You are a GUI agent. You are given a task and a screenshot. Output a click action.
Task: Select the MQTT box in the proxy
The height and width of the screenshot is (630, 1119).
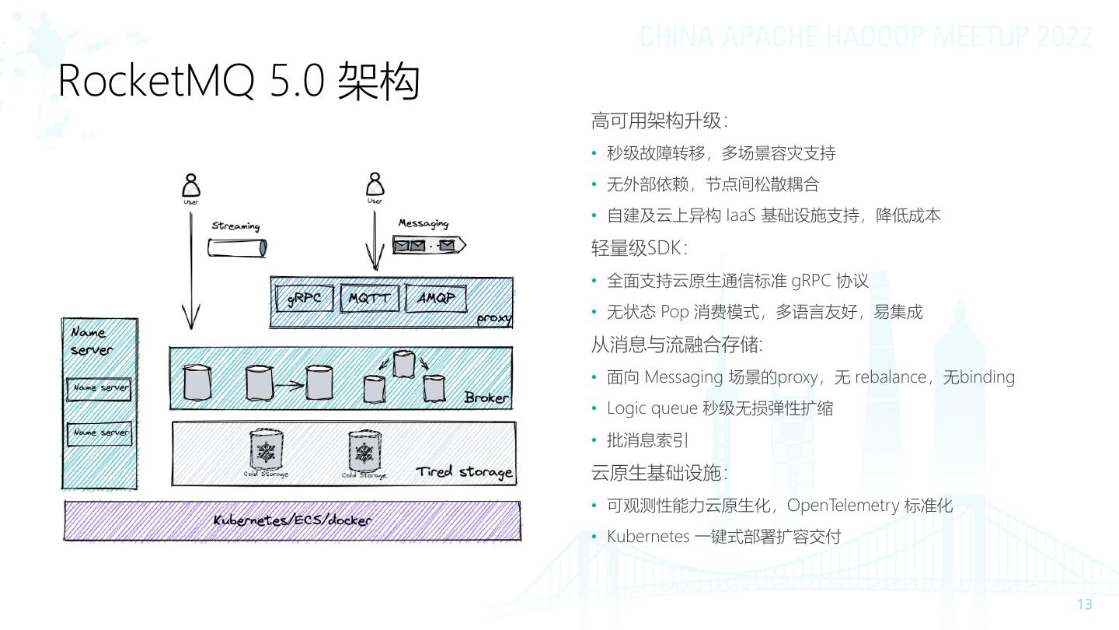tap(369, 299)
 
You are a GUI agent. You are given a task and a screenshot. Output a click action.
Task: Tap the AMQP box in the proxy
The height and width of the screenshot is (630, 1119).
tap(435, 299)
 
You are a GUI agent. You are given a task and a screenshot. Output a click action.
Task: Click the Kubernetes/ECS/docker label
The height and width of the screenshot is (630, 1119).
tap(292, 520)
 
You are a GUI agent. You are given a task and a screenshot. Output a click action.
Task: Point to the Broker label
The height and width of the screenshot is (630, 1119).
tap(486, 397)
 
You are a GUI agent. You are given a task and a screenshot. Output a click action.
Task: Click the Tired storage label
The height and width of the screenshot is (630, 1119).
tap(464, 472)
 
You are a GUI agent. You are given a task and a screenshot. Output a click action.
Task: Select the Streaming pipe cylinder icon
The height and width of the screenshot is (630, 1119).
tap(237, 247)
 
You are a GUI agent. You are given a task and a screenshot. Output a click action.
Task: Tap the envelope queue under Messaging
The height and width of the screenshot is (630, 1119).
tap(428, 246)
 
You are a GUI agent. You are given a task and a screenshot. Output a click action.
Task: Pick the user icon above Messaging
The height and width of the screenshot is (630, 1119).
tap(375, 186)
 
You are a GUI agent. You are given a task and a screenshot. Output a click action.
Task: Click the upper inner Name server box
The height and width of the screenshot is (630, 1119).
tap(99, 387)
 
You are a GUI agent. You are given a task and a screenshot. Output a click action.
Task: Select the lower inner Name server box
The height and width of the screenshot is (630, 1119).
tap(99, 432)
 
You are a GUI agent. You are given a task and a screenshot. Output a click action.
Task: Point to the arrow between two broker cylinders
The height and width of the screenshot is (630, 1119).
tap(290, 383)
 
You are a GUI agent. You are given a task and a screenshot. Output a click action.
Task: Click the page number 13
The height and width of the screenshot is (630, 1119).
tap(1085, 604)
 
